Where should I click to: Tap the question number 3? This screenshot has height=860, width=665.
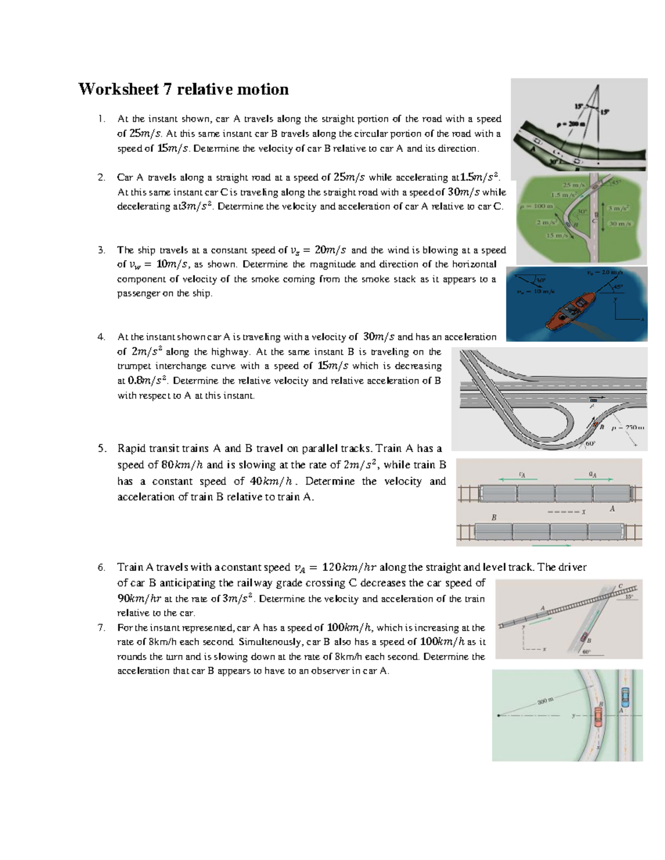[101, 250]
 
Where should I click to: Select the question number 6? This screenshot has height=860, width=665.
[101, 567]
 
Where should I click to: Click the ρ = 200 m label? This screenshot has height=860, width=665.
[570, 124]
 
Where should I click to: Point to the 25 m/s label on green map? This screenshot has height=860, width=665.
[574, 185]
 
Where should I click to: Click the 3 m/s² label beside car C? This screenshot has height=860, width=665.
[618, 208]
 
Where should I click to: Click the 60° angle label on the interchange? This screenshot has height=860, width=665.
[590, 444]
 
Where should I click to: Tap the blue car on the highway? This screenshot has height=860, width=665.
[594, 399]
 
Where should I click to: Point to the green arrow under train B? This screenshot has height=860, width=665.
[552, 545]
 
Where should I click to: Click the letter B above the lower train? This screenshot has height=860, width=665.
[494, 517]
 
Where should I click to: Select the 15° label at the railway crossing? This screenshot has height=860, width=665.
[629, 597]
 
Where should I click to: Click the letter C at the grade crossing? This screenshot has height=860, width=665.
[620, 586]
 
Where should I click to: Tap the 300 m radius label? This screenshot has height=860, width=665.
[545, 701]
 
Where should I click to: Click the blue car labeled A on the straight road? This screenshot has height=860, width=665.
[625, 694]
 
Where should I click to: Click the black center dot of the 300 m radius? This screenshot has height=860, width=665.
[499, 715]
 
